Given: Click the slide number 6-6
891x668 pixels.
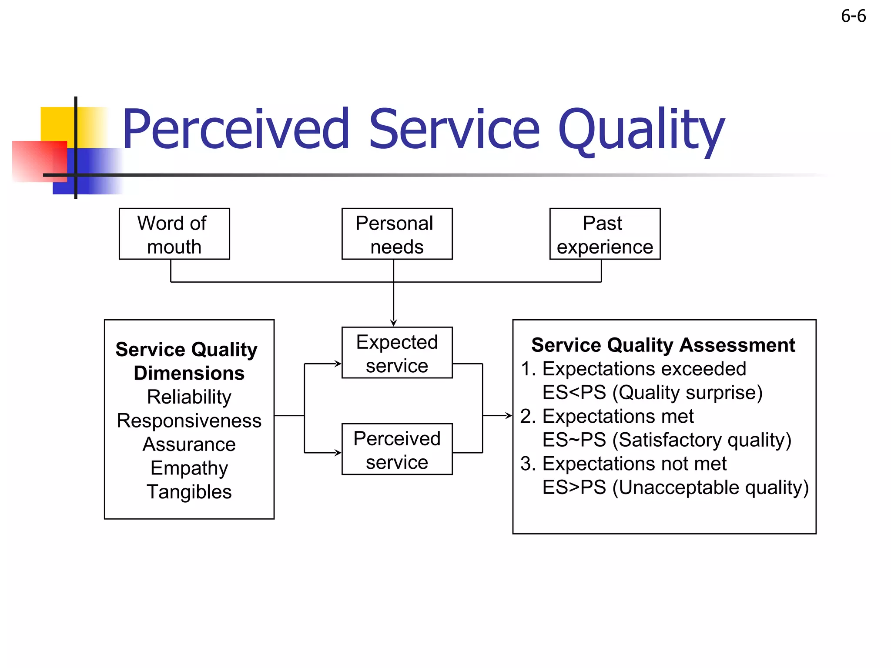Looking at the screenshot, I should coord(853,17).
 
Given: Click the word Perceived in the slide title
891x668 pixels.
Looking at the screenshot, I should coord(235,129).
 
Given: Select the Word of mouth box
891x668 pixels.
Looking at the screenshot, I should coord(174,234).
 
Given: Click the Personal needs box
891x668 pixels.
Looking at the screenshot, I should coord(397,234).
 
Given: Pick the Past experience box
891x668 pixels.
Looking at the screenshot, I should coord(605,234).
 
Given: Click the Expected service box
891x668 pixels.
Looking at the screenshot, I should coord(397,353).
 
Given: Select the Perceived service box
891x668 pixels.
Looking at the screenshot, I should coord(397,450).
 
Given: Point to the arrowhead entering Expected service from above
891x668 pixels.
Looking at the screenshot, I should coord(393,323).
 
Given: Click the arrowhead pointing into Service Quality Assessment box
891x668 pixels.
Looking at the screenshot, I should coord(509,416).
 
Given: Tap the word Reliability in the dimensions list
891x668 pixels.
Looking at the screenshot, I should coord(189,397).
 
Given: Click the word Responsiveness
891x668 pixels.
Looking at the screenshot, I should coord(189,421).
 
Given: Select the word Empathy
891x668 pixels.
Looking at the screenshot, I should coord(189,468).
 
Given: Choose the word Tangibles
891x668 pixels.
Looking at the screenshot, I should coord(189,492).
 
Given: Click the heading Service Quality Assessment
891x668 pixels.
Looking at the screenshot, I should coord(663,345).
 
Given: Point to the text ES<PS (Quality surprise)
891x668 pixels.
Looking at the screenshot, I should coord(652,393).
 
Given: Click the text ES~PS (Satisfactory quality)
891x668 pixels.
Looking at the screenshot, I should coord(667,440).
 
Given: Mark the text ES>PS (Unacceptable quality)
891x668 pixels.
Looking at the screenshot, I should coord(675,488).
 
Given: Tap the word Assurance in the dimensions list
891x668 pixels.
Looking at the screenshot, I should coord(189,444).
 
